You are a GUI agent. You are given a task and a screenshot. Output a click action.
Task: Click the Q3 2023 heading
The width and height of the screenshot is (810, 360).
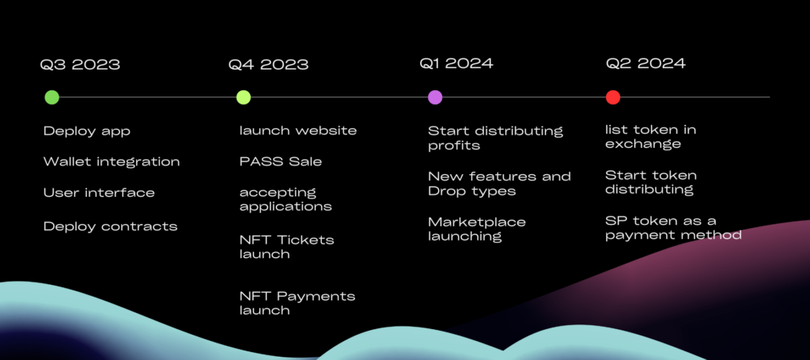click(x=80, y=65)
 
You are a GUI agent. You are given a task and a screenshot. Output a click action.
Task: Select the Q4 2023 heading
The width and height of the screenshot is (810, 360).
click(x=269, y=65)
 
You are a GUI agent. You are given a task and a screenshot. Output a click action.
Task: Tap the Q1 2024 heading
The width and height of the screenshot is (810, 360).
click(x=456, y=63)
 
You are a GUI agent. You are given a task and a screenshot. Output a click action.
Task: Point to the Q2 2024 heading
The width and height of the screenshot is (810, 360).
click(x=645, y=63)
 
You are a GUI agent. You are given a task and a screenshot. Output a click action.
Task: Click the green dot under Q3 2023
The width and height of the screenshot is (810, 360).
click(x=51, y=97)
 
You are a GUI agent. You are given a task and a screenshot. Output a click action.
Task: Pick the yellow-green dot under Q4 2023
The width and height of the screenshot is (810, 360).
click(x=244, y=97)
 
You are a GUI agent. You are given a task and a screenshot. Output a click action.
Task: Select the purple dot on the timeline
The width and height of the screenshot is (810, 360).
click(x=435, y=97)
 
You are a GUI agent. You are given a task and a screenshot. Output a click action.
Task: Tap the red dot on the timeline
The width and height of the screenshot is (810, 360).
click(x=613, y=97)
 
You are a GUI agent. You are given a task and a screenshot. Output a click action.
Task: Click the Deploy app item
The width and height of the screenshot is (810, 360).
click(x=87, y=131)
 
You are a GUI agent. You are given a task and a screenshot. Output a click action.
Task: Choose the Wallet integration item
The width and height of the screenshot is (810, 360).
click(x=112, y=161)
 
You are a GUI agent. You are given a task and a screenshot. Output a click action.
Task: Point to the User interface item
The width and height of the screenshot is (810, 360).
click(x=99, y=192)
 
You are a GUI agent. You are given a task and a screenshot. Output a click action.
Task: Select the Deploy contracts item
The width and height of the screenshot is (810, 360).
click(x=111, y=226)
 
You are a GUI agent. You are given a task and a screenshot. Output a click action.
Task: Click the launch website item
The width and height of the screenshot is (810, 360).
click(x=298, y=131)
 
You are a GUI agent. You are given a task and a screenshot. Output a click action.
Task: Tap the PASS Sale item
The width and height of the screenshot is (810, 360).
click(x=281, y=161)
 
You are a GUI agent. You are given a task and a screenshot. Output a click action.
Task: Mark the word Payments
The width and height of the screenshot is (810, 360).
click(x=316, y=297)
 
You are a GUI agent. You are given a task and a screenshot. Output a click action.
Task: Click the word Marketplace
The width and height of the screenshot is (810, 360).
click(x=477, y=222)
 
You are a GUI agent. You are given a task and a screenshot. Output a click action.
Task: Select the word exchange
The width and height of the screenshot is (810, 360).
click(x=643, y=145)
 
